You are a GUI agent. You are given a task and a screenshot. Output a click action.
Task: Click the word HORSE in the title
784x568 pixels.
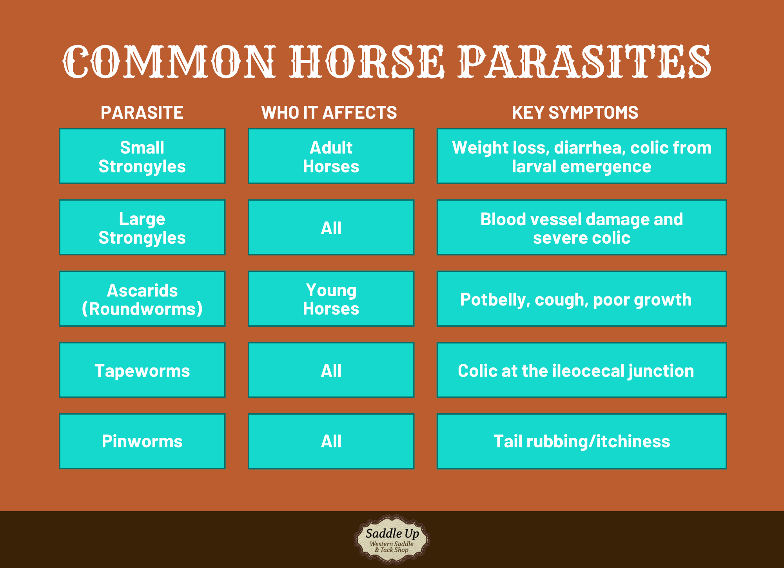pyautogui.click(x=367, y=62)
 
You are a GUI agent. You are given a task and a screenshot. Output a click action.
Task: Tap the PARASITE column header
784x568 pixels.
pyautogui.click(x=142, y=113)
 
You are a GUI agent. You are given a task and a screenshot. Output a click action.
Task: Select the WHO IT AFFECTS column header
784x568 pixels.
pyautogui.click(x=329, y=113)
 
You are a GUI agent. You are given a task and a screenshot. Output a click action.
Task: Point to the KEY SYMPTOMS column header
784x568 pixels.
pyautogui.click(x=575, y=113)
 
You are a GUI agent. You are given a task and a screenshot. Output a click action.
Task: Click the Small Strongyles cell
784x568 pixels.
pyautogui.click(x=142, y=156)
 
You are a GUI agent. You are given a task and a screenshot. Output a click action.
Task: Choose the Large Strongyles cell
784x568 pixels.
pyautogui.click(x=142, y=228)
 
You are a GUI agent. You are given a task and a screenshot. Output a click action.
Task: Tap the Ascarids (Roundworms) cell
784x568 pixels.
pyautogui.click(x=142, y=299)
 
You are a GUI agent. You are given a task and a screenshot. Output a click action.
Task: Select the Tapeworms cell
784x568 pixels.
pyautogui.click(x=142, y=370)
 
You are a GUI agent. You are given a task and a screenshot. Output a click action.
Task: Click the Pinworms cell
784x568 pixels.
pyautogui.click(x=142, y=441)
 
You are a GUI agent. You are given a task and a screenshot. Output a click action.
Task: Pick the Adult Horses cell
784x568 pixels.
pyautogui.click(x=331, y=156)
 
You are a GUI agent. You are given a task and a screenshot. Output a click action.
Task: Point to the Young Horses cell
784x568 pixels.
pyautogui.click(x=331, y=299)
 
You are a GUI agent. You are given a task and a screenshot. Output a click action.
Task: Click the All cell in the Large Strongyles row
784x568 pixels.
pyautogui.click(x=331, y=228)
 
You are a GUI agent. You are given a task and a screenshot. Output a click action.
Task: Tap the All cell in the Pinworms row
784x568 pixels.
pyautogui.click(x=331, y=441)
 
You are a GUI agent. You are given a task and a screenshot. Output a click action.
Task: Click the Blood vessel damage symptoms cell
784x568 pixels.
pyautogui.click(x=582, y=228)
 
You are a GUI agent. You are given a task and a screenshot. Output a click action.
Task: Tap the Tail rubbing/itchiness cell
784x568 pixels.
pyautogui.click(x=582, y=441)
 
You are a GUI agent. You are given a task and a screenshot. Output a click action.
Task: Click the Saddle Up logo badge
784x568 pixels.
pyautogui.click(x=392, y=540)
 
